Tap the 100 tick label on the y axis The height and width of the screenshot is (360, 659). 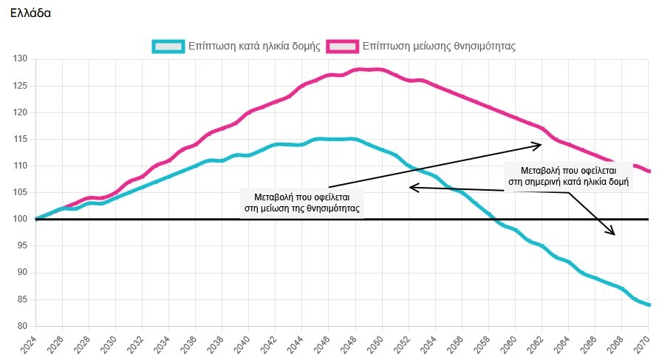point(20,220)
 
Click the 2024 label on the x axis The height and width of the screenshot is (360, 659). point(30,342)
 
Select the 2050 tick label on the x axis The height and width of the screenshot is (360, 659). point(377,342)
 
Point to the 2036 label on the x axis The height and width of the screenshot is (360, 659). point(191,342)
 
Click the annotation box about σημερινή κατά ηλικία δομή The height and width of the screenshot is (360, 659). point(568,175)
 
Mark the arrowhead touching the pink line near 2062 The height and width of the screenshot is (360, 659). point(539,144)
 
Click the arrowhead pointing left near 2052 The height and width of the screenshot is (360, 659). point(412,188)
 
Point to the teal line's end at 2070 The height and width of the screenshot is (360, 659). point(648,305)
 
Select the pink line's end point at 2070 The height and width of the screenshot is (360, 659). point(648,171)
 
